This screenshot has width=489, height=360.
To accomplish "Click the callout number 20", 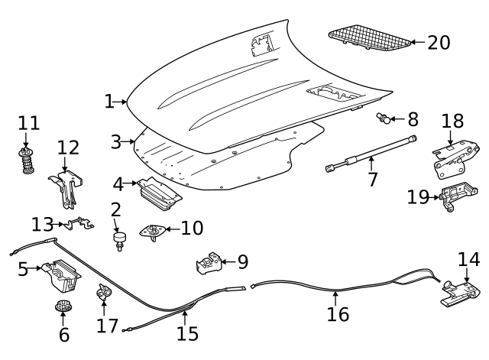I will pos(439,42).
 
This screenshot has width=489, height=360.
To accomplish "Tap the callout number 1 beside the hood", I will pos(109,101).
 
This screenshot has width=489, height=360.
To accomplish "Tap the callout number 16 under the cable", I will pos(338,313).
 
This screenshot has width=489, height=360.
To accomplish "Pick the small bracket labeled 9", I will pos(209,264).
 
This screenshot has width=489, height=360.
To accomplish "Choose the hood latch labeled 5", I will pos(61,277).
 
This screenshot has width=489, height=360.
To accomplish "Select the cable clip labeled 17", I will pos(102,292).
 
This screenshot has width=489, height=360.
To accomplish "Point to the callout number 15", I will pos(186,333).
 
